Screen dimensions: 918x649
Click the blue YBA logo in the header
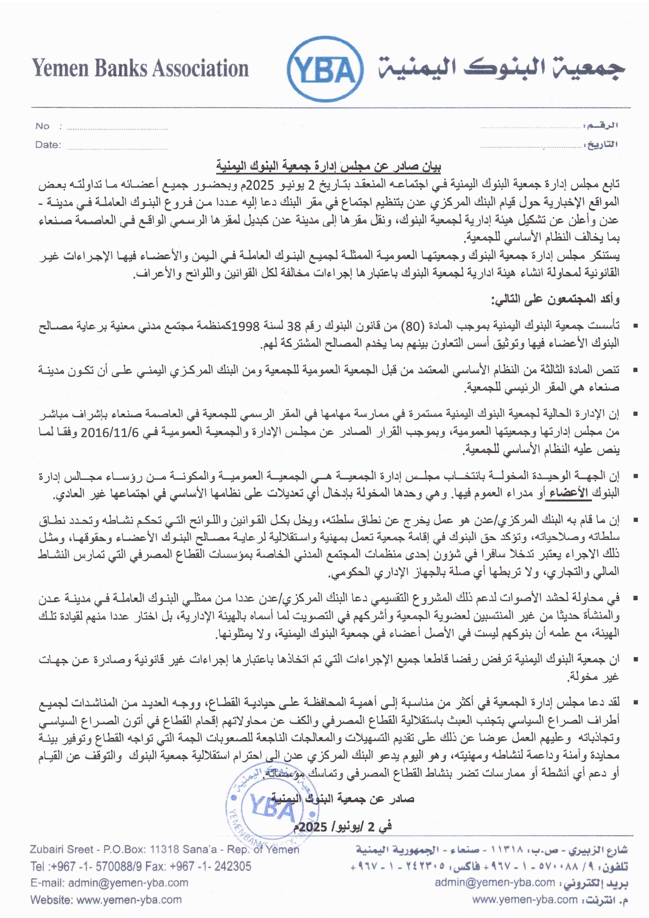pos(325,69)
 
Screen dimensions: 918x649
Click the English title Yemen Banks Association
pos(140,69)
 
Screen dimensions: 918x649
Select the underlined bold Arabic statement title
pos(329,167)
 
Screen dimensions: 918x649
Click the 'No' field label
pos(42,126)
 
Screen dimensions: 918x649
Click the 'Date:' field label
pos(48,145)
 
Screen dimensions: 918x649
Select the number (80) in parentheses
pos(411,327)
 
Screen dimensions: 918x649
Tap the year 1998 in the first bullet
pos(245,327)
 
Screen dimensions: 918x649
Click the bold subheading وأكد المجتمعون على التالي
pos(555,300)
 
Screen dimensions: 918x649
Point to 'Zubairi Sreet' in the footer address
pos(62,849)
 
